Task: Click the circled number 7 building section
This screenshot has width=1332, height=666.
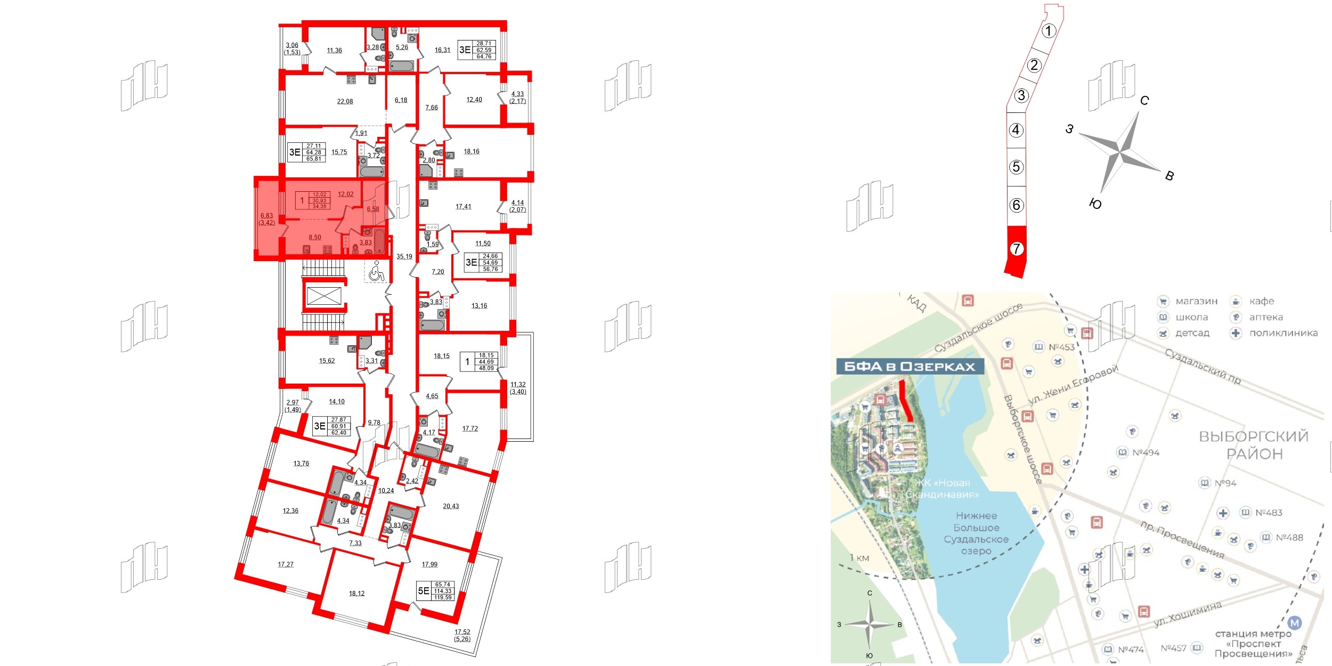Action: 1017,249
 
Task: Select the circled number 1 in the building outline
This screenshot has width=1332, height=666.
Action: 1049,31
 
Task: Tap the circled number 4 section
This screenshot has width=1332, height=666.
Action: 1016,130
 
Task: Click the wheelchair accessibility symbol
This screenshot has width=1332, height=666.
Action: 376,272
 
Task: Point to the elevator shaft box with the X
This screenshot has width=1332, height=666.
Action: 324,296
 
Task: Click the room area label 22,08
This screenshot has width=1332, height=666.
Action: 345,101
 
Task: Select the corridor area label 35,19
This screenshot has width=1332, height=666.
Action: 404,256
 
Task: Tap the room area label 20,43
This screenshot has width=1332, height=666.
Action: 451,506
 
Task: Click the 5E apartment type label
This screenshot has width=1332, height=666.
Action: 424,590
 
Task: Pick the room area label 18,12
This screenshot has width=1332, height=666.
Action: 356,594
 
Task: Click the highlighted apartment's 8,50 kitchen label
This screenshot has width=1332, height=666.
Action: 315,238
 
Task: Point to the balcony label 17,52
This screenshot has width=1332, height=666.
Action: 462,632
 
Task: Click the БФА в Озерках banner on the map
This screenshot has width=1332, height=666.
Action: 909,367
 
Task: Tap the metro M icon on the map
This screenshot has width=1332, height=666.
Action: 1294,622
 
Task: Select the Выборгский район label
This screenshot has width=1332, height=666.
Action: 1253,445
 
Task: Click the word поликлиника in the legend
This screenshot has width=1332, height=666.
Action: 1284,333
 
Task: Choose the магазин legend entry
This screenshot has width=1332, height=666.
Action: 1196,301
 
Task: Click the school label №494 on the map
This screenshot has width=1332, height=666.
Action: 1146,452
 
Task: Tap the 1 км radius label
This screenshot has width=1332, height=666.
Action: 859,558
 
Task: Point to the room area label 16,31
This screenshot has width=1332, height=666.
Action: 442,50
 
